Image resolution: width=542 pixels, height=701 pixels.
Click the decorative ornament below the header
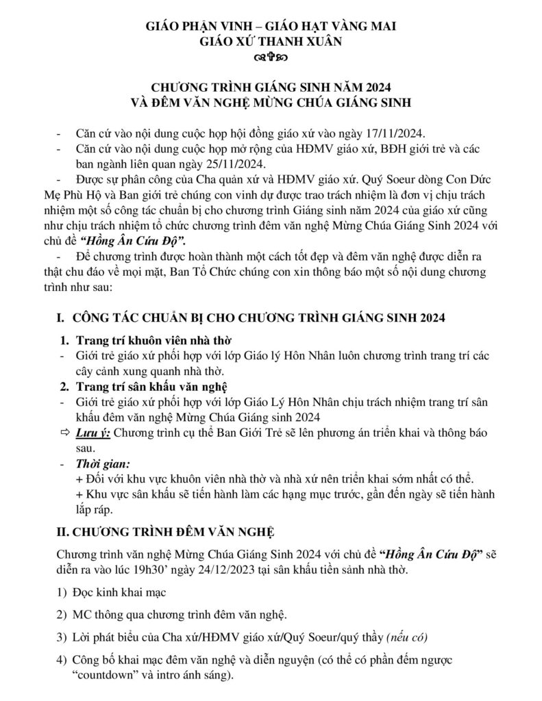[x=272, y=58]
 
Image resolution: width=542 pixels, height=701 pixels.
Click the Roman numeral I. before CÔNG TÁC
[x=60, y=318]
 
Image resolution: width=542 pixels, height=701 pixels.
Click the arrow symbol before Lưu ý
[x=65, y=433]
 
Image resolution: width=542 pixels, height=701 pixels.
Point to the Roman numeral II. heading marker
[x=62, y=533]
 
